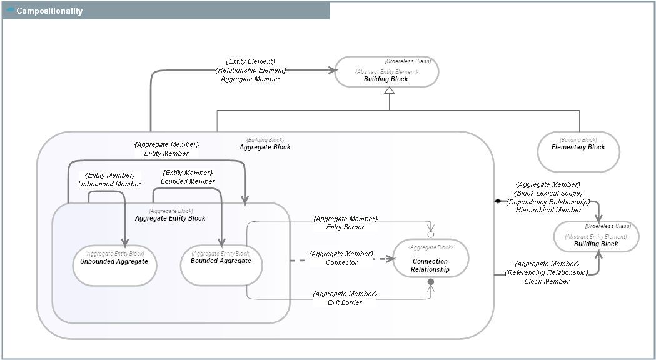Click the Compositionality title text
pyautogui.click(x=49, y=11)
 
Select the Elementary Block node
pyautogui.click(x=578, y=151)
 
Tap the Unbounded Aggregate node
pyautogui.click(x=114, y=265)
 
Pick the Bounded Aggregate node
pyautogui.click(x=221, y=264)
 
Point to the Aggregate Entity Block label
pyautogui.click(x=170, y=218)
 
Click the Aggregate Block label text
pyautogui.click(x=265, y=147)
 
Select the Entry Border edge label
pyautogui.click(x=345, y=227)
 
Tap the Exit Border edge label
pyautogui.click(x=345, y=302)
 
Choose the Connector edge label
pyautogui.click(x=341, y=262)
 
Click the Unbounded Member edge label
pyautogui.click(x=110, y=184)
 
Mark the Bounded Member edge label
pyautogui.click(x=188, y=181)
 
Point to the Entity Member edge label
pyautogui.click(x=166, y=153)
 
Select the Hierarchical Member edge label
pyautogui.click(x=548, y=210)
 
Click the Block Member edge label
pyautogui.click(x=547, y=281)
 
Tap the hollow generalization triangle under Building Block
pyautogui.click(x=390, y=91)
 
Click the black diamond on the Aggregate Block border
pyautogui.click(x=498, y=201)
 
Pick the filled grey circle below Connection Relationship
pyautogui.click(x=430, y=282)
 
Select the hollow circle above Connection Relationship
pyautogui.click(x=430, y=234)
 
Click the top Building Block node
pyautogui.click(x=386, y=72)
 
